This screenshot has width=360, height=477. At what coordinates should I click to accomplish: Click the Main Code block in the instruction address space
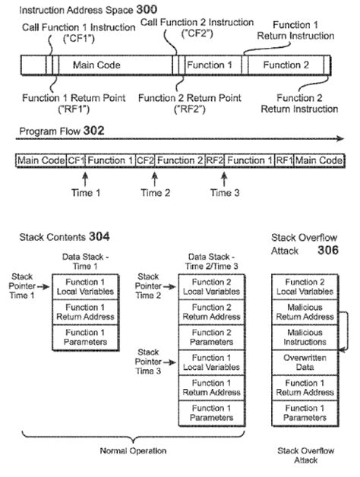coord(97,65)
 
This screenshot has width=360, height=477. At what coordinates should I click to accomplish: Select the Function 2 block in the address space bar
coord(286,65)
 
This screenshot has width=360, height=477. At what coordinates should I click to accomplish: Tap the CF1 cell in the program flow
coord(76,160)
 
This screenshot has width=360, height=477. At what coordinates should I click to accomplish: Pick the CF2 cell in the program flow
coord(146,160)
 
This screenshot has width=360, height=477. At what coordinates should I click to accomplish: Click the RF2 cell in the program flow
coord(215,160)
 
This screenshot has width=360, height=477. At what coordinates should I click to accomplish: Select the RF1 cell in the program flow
coord(284,160)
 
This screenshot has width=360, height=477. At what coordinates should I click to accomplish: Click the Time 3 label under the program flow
coord(224,193)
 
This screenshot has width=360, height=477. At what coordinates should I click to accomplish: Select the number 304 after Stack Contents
coord(99,236)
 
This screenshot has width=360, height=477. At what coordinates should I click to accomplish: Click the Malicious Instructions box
coord(304,338)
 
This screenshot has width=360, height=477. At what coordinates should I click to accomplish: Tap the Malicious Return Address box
coord(304,312)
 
